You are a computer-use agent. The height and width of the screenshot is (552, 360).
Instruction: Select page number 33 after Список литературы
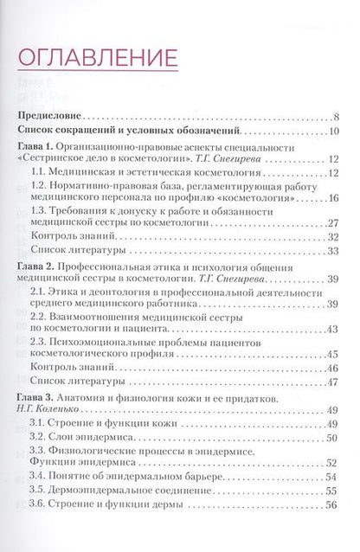coord(334,250)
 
